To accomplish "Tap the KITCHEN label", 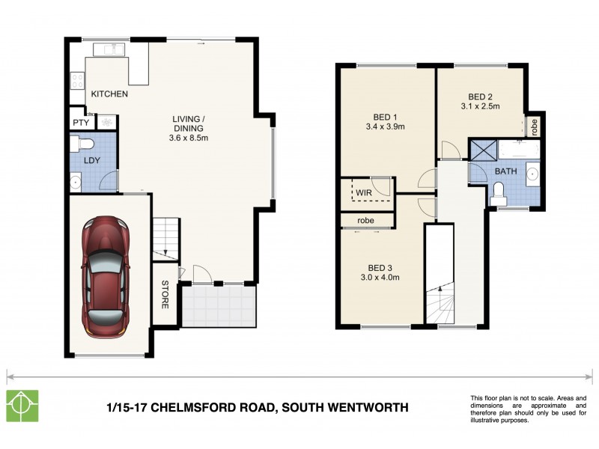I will click(x=109, y=94).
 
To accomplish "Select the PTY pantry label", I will click(x=81, y=122).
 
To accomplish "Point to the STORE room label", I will click(x=165, y=295).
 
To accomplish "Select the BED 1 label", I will click(x=385, y=116).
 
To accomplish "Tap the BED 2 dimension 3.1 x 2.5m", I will click(x=480, y=107).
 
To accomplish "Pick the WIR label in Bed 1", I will click(x=364, y=192).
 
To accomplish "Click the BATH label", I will click(x=505, y=171).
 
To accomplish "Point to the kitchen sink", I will click(x=107, y=49).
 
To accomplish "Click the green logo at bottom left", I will click(x=22, y=406).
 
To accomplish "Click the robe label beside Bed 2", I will click(x=535, y=126).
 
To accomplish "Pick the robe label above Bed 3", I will click(x=365, y=221).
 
